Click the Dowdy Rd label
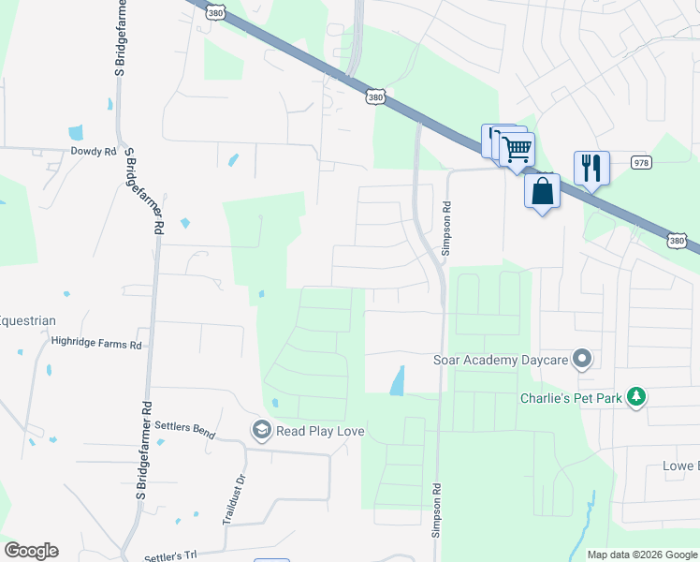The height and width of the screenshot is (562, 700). [93, 151]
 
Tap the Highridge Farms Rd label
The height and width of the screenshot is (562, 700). [95, 344]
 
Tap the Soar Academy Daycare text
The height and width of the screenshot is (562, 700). [502, 360]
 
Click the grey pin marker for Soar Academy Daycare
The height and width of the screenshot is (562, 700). [582, 360]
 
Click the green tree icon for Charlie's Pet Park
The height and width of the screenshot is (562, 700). [636, 397]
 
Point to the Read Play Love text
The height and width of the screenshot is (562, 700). [319, 431]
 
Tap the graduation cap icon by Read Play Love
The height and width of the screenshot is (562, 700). [262, 430]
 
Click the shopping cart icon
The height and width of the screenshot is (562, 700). [517, 148]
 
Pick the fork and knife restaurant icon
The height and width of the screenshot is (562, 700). [591, 168]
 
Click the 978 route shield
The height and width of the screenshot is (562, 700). [641, 161]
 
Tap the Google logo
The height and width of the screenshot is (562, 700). [31, 551]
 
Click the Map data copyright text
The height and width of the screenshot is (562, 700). [641, 555]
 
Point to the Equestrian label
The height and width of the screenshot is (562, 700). [27, 320]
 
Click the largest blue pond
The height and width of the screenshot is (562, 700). [397, 379]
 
